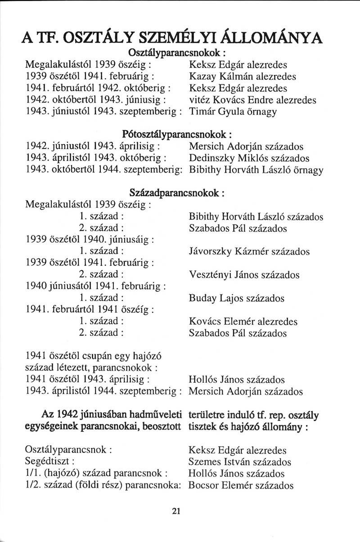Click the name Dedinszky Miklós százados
(x=248, y=158)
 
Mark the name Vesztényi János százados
(x=244, y=275)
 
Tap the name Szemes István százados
(x=240, y=462)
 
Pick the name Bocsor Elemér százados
(x=241, y=485)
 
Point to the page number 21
(x=176, y=511)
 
